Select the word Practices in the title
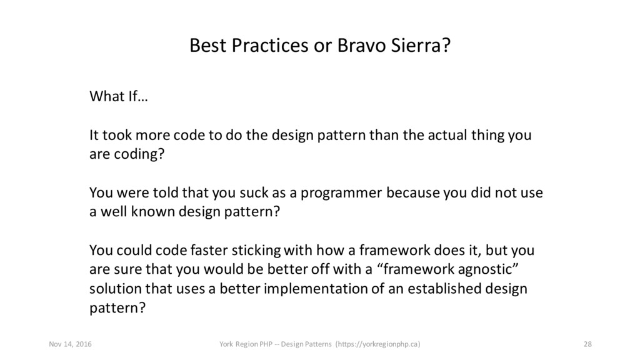tap(270, 45)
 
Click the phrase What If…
tap(118, 97)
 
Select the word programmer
tap(341, 194)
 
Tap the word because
tap(412, 192)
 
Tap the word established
tap(444, 288)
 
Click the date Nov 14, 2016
tap(70, 344)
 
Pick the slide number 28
tap(587, 344)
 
